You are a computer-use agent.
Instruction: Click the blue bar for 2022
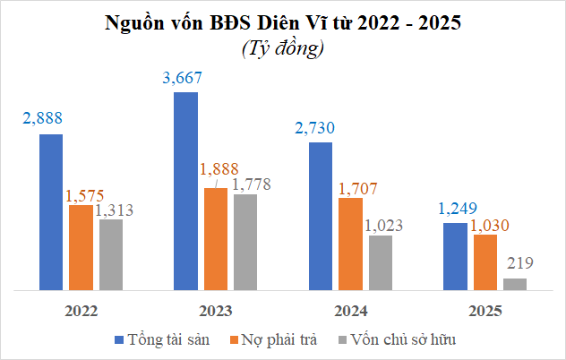tap(51, 212)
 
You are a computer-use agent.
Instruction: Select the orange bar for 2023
tap(216, 239)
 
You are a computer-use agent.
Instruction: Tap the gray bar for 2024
tap(380, 262)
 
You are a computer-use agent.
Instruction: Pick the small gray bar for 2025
tap(515, 284)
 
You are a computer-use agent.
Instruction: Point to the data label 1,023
tap(384, 224)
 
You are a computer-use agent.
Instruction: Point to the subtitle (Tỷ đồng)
tap(282, 49)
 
